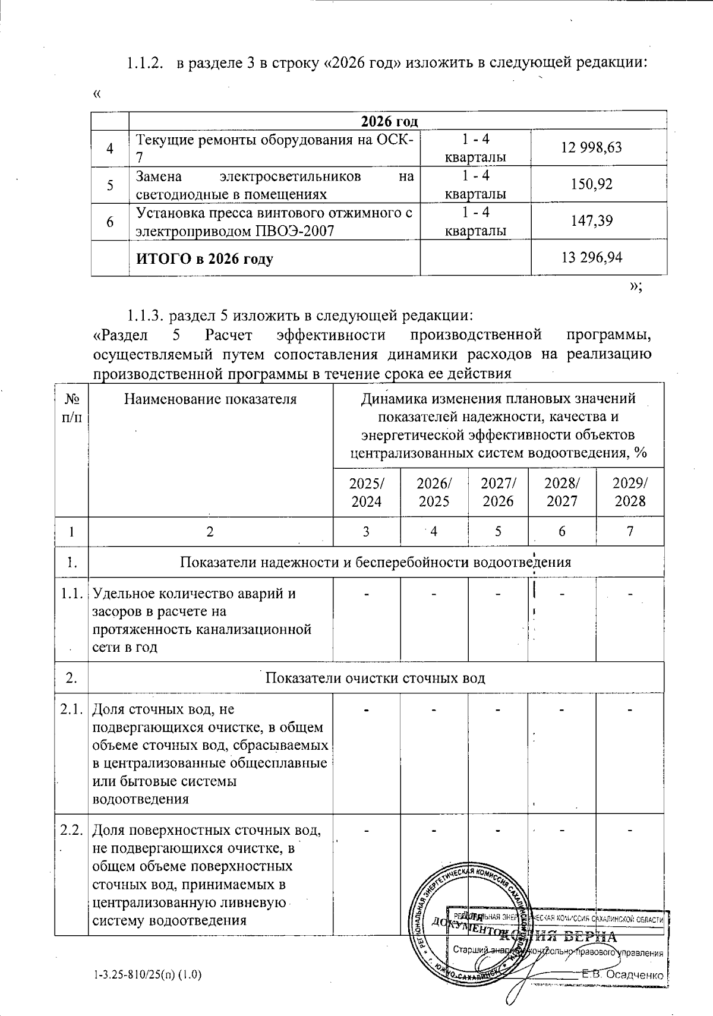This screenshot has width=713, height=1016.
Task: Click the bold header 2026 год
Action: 389,121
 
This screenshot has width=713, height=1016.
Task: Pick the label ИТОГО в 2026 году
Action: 204,259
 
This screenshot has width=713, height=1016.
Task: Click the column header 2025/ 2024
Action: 366,492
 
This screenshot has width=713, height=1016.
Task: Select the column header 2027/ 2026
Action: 498,492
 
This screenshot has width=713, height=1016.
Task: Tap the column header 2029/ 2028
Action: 630,492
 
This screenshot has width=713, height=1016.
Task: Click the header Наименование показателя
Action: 210,399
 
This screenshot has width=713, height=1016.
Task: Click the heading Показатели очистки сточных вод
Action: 375,678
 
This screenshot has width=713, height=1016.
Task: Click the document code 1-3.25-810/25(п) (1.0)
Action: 148,975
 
